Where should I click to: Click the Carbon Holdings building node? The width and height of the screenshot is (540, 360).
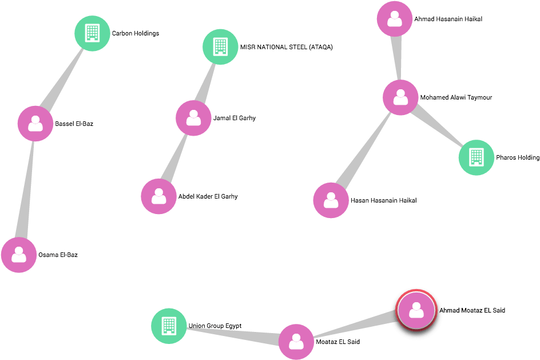click(92, 33)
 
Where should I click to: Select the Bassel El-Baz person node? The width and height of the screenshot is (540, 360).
click(35, 124)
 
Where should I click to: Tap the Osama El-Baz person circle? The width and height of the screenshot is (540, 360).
click(19, 255)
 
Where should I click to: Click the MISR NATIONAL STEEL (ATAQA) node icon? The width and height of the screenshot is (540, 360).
click(220, 47)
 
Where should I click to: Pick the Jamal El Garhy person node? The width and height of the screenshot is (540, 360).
click(193, 118)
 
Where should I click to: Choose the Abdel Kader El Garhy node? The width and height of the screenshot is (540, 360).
click(159, 196)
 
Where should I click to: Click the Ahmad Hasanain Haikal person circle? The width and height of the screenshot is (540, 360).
click(395, 19)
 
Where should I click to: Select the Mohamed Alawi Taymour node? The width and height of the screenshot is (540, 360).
click(400, 97)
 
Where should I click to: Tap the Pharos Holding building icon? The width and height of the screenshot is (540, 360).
click(477, 157)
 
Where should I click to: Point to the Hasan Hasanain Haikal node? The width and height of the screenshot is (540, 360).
click(331, 200)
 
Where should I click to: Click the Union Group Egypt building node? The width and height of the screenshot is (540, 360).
click(169, 326)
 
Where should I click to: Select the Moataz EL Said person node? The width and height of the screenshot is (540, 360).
click(296, 342)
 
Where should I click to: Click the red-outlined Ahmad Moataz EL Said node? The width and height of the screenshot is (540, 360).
click(416, 310)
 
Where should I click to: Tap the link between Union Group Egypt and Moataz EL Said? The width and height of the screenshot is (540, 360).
click(233, 334)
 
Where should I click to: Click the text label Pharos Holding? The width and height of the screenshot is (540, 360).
click(518, 157)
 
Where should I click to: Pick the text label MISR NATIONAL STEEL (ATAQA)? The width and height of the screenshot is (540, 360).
click(287, 47)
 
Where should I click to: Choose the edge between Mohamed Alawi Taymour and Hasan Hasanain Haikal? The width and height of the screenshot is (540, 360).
click(364, 149)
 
